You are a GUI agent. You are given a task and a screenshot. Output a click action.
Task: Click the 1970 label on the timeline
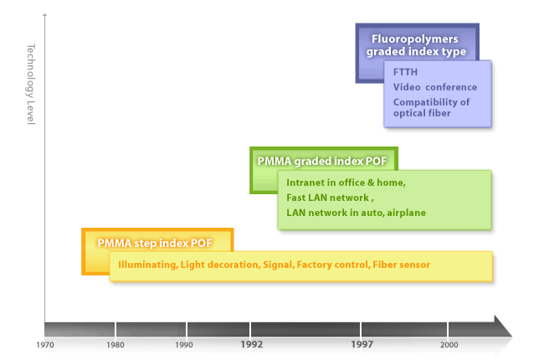coord(45,345)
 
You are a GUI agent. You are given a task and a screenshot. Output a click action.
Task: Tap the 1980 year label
coord(115,345)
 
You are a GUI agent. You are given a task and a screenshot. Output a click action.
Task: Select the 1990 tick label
coord(184,345)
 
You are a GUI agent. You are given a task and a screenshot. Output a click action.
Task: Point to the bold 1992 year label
coord(252,344)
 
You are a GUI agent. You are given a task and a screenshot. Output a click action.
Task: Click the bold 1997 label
coord(362,344)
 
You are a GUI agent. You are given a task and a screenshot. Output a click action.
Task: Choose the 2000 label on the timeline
coord(449,345)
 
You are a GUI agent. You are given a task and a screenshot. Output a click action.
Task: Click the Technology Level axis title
coord(31,84)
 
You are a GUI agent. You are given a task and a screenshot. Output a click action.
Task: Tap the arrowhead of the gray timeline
coord(503,327)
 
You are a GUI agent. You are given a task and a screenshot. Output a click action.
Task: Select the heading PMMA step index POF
coord(155,243)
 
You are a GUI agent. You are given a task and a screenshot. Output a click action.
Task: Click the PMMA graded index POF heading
coord(322,161)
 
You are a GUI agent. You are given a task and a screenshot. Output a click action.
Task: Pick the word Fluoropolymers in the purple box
coord(414,39)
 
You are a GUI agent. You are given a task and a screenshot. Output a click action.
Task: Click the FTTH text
coord(405,72)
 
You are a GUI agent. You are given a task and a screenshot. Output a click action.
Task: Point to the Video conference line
coord(435,87)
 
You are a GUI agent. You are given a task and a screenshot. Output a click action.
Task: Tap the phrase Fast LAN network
coord(327,198)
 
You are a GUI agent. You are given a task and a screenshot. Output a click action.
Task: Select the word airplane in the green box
coord(406,213)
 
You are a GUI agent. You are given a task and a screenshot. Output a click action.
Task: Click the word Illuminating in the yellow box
coord(147,265)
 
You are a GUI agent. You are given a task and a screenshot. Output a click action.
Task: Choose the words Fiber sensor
coord(402,265)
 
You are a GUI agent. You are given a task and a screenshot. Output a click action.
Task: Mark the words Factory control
coord(332,265)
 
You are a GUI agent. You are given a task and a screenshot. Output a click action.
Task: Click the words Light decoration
coord(219,265)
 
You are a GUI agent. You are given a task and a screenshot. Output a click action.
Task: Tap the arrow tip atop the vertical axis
coord(44,14)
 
